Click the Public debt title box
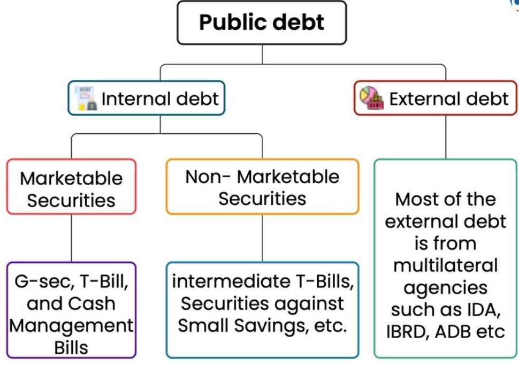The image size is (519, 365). click(x=262, y=22)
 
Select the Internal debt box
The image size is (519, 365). click(x=146, y=98)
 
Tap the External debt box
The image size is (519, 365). click(x=436, y=98)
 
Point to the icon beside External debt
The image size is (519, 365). click(x=371, y=99)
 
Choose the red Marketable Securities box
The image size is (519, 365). click(x=71, y=187)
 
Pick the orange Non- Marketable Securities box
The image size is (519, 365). click(x=262, y=187)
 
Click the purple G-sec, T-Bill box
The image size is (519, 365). click(x=71, y=310)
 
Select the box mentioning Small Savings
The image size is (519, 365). click(x=262, y=310)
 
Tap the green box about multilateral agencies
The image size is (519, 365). click(x=446, y=258)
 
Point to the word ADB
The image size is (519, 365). click(x=452, y=331)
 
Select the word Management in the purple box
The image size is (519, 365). click(x=71, y=325)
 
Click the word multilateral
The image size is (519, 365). click(x=445, y=265)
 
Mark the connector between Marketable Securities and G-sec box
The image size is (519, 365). click(x=71, y=238)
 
